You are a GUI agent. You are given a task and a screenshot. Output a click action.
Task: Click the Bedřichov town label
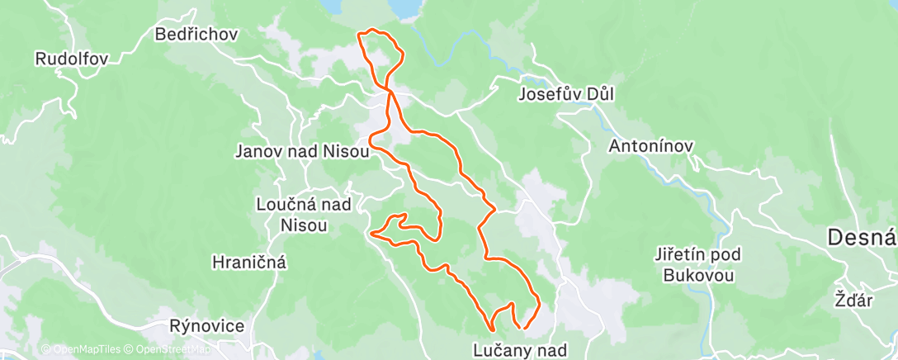click(x=196, y=35)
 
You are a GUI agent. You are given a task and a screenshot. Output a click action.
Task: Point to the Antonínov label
click(x=651, y=146)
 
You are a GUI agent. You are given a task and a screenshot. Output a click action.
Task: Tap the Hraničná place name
click(x=249, y=263)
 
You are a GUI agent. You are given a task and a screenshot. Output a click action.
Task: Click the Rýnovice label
click(x=207, y=326)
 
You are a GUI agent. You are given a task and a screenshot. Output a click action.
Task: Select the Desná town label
click(x=863, y=239)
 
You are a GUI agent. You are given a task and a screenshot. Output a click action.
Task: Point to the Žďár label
click(x=853, y=301)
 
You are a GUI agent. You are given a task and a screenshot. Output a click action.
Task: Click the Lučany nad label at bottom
click(x=520, y=349)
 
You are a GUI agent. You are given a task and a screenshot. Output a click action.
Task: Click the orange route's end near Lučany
click(x=525, y=329)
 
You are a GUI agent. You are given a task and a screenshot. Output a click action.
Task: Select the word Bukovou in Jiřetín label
click(x=699, y=275)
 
